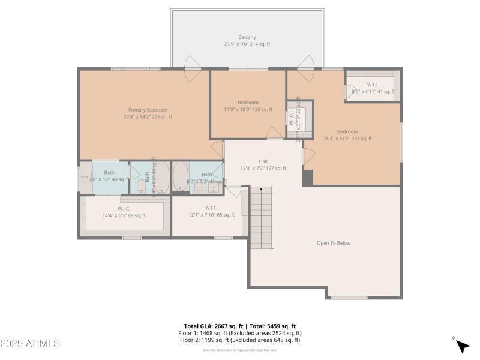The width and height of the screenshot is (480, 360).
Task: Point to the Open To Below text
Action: pos(333,243)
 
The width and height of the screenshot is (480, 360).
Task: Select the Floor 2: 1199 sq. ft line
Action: pos(239,340)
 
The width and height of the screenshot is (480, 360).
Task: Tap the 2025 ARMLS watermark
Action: pos(30,344)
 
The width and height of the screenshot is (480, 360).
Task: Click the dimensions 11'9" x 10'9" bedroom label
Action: pos(248,110)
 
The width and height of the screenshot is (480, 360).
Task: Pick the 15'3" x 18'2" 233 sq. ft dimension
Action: pos(347,139)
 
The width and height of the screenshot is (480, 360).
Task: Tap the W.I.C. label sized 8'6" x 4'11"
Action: pos(373,88)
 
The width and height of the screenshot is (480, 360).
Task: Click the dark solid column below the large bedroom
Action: pos(308,178)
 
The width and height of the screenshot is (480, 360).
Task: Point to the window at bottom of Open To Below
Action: pos(349,298)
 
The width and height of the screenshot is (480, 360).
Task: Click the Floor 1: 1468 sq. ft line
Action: pos(239,333)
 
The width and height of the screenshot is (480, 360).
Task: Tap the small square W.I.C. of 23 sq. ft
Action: pos(298,119)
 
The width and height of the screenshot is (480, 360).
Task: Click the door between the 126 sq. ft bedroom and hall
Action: pos(275,133)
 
